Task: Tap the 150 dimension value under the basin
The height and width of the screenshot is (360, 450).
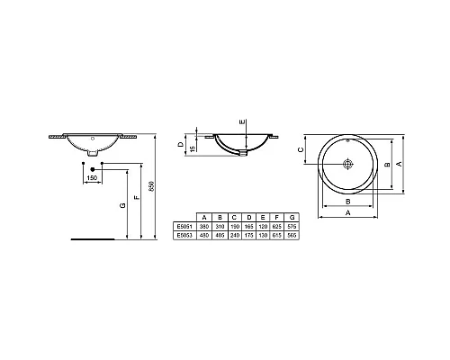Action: click(x=92, y=178)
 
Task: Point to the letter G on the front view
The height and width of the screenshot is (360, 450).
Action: click(x=121, y=205)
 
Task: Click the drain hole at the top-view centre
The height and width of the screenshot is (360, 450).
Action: click(x=351, y=166)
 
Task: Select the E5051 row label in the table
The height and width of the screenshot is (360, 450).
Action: click(x=184, y=225)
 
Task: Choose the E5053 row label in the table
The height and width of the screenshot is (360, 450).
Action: click(x=184, y=233)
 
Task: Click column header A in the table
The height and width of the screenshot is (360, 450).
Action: click(x=205, y=217)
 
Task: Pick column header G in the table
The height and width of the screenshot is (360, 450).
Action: click(x=291, y=217)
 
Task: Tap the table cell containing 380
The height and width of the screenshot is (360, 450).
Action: click(x=205, y=225)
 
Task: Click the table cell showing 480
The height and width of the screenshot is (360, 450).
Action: click(x=205, y=233)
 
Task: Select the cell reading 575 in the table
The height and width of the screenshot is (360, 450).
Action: click(x=291, y=225)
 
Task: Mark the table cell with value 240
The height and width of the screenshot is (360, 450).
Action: click(x=234, y=233)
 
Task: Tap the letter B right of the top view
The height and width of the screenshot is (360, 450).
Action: click(x=386, y=165)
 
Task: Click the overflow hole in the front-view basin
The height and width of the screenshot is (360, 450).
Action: click(x=93, y=139)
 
